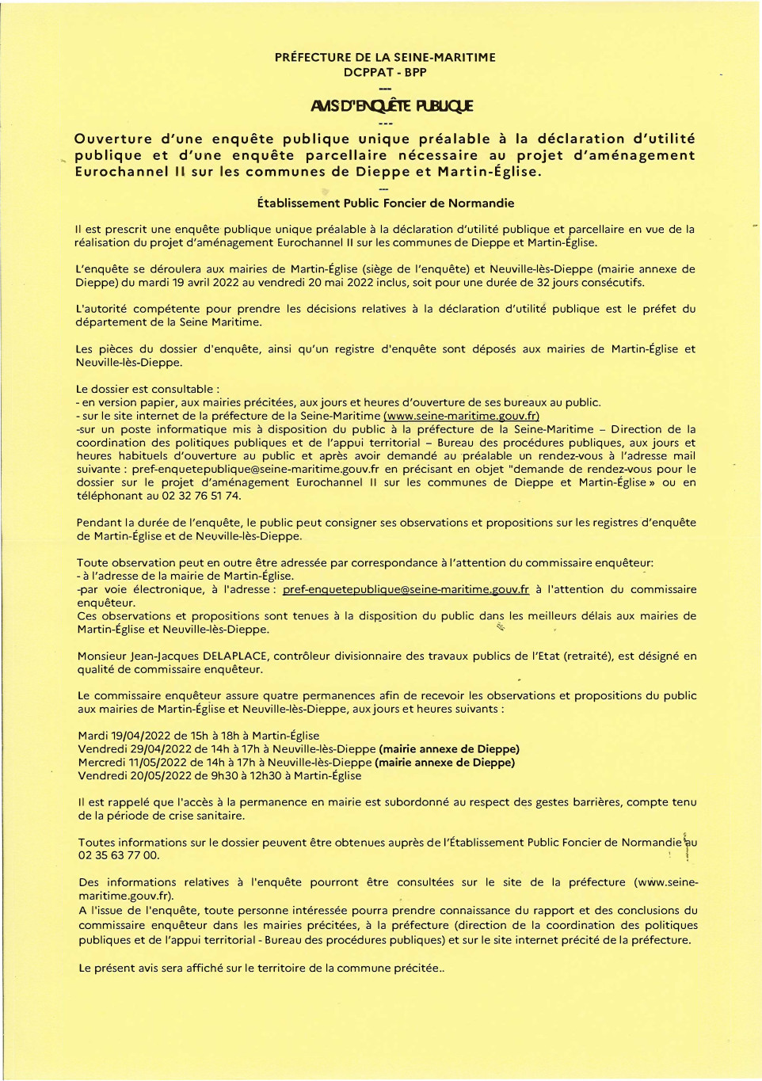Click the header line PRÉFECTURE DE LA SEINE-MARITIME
point(385,58)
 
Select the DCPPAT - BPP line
point(385,72)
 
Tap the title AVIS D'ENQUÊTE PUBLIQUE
point(392,106)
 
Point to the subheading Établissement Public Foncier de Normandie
point(386,204)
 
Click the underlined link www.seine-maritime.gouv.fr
point(461,416)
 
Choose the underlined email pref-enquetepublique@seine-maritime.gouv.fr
point(406,589)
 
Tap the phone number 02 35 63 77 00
point(119,855)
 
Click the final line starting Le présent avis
point(261,968)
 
